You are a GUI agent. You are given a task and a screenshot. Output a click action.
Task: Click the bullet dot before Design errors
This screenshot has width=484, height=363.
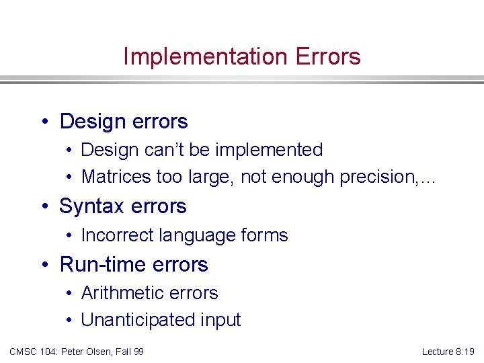coord(44,122)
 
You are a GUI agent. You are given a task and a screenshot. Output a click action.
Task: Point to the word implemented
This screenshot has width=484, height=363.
coord(268,150)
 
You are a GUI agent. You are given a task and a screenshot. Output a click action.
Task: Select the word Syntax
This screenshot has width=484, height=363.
coord(91,206)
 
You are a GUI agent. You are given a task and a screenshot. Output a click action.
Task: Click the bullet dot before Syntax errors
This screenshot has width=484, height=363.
coord(44,206)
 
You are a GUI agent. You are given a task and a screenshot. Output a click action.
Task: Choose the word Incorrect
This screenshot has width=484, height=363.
coord(114,235)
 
